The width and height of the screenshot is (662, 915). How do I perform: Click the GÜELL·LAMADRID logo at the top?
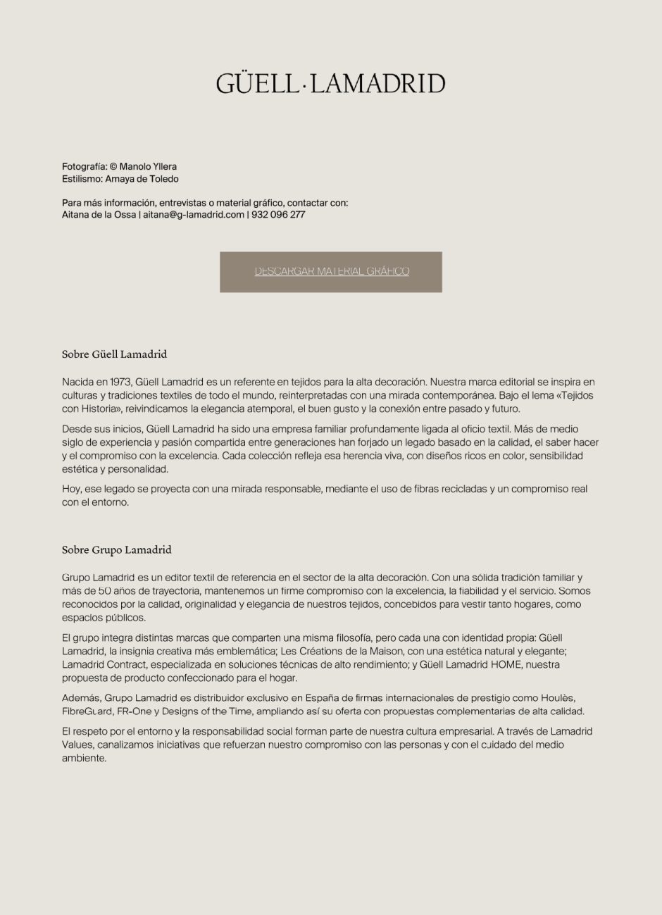(x=330, y=84)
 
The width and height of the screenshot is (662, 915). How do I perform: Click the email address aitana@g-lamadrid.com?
(x=194, y=215)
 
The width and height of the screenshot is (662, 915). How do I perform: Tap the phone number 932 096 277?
(x=278, y=215)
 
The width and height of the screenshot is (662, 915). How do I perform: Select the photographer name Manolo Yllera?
(x=148, y=167)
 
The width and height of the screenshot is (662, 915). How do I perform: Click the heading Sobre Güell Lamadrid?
(x=114, y=354)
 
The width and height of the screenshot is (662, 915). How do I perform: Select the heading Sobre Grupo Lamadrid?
(x=117, y=550)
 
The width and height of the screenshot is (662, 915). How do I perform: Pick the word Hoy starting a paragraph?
(x=71, y=489)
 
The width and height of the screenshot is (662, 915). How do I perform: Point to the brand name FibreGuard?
(x=87, y=711)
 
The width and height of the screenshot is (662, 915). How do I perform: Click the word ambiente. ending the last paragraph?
(x=84, y=759)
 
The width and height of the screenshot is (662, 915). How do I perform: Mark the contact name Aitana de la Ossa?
(x=99, y=215)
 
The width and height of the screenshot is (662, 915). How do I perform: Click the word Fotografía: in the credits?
(x=84, y=167)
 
